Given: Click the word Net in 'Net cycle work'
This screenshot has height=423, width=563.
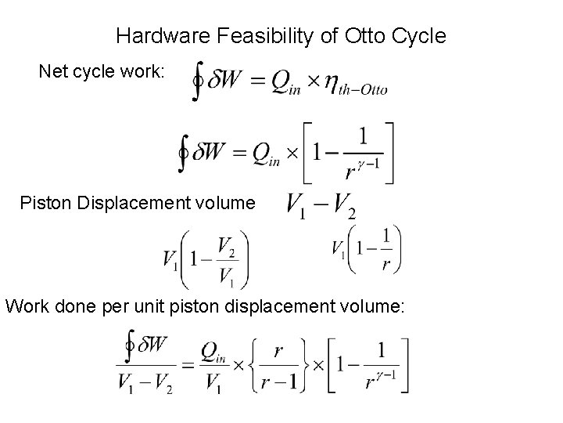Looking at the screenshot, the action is tap(52, 71).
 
